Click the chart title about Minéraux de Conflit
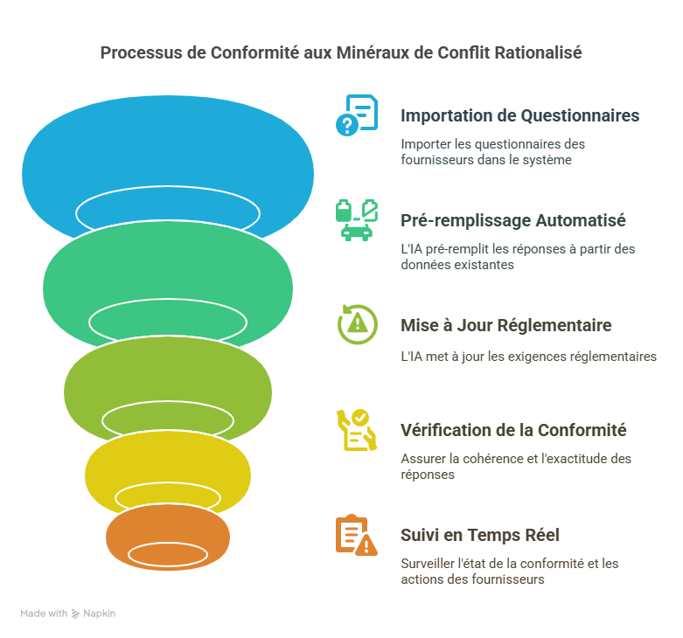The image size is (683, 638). pos(341,52)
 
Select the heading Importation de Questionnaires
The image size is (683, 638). pos(519,115)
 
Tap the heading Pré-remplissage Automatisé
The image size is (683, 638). pos(512,220)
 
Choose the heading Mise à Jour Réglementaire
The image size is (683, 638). pos(505,325)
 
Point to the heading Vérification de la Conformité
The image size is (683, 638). pos(513,430)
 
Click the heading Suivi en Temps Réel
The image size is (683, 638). pos(479,535)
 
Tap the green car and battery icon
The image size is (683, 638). pos(357,220)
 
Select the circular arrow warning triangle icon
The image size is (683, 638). pos(357,324)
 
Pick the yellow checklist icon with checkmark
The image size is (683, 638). pos(357,429)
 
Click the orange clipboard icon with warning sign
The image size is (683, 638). pos(357,535)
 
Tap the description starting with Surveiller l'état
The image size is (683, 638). pos(509,572)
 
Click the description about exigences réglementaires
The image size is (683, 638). pos(528,357)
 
